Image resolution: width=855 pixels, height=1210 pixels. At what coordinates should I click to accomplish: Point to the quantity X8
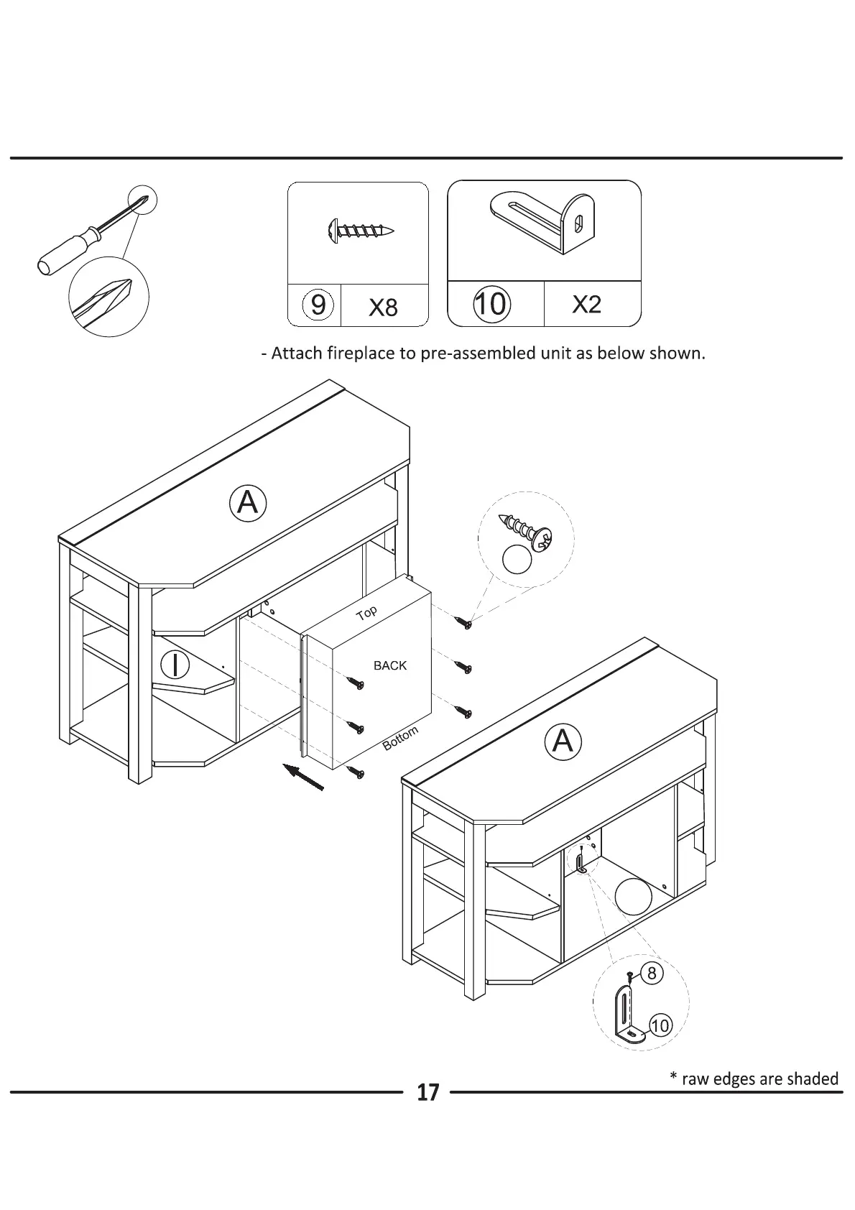(383, 308)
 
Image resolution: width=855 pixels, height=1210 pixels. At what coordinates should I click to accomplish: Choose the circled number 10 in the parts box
(491, 304)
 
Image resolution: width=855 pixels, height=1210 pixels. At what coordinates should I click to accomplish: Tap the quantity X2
(586, 305)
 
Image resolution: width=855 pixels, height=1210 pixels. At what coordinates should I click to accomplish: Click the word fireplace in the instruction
(359, 354)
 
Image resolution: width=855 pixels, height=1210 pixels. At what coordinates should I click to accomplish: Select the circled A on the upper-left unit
(248, 503)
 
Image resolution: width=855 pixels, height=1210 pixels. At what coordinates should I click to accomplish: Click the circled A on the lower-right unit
(563, 741)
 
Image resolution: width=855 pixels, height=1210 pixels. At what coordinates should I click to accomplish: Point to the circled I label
(174, 665)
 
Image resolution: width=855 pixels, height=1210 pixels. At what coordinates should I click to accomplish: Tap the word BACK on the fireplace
(390, 665)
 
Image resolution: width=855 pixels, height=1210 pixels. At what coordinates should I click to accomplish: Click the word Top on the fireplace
(367, 613)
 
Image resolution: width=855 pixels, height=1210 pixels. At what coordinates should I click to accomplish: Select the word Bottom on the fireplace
(400, 739)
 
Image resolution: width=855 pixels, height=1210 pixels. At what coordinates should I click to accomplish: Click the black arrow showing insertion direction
(302, 777)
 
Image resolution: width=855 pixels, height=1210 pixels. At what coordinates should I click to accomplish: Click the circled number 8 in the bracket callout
(652, 973)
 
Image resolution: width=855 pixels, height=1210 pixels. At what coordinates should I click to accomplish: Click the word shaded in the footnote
(812, 1079)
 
